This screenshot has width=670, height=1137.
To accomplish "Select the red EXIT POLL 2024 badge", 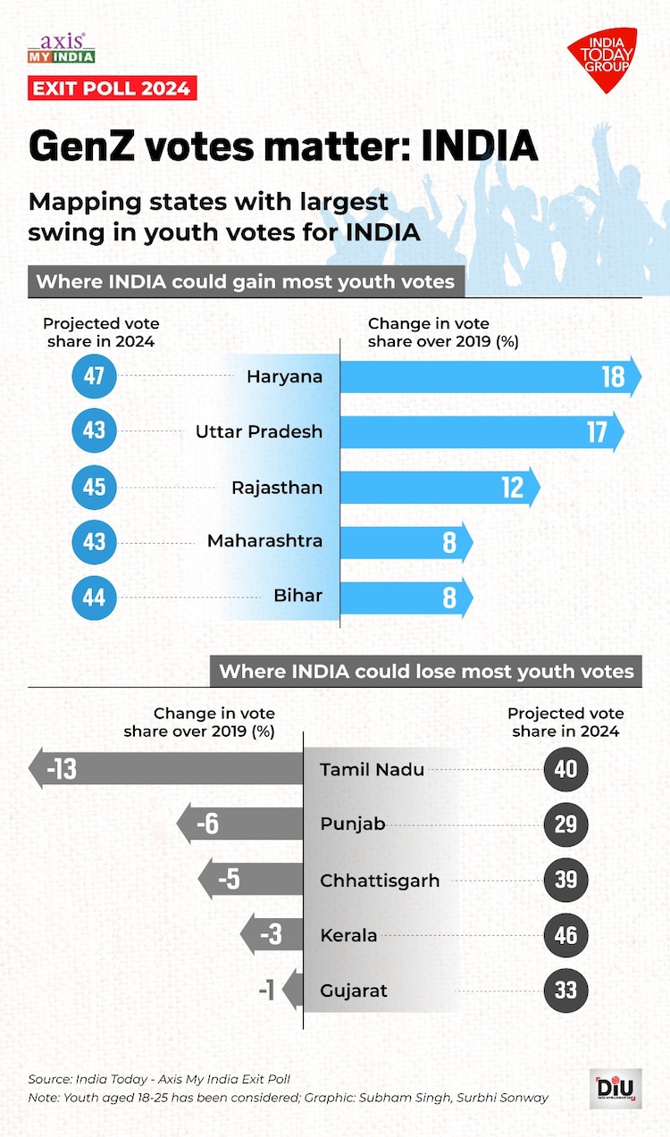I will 112,88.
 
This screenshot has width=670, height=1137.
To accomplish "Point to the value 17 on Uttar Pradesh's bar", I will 597,432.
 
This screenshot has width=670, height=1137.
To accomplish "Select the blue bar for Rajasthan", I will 438,488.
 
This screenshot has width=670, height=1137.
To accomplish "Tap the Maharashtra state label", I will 264,541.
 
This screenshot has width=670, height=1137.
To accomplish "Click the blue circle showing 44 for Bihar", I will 94,597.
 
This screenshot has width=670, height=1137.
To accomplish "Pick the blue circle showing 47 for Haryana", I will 94,376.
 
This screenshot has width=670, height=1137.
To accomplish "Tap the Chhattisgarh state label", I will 380,881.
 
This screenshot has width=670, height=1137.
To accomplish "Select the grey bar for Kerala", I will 272,936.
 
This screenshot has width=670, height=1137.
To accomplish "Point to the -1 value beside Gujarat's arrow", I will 266,991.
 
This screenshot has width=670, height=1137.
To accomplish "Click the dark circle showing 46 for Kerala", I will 565,936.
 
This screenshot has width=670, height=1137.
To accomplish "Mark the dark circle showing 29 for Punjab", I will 565,824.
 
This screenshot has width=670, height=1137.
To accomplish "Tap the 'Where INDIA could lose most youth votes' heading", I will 426,672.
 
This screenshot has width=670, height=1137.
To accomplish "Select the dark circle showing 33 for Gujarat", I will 565,991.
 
